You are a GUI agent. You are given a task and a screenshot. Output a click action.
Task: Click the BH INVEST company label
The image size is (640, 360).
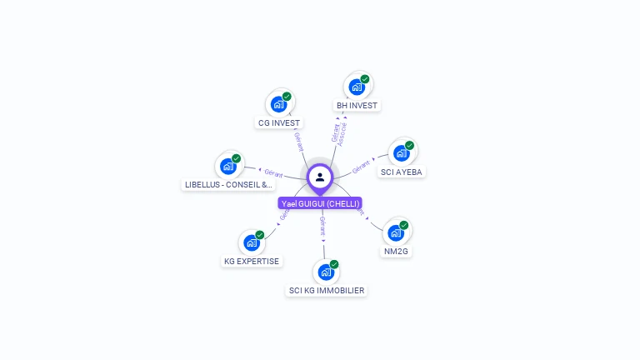pos(357,106)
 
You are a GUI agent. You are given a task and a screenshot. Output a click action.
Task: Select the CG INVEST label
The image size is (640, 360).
pos(278,122)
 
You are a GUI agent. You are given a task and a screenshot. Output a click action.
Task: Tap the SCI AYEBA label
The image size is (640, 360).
pos(401,172)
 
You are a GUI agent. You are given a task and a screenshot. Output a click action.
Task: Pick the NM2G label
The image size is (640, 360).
pos(396,251)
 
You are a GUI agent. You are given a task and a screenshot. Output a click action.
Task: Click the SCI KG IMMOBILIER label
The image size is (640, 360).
pos(326,290)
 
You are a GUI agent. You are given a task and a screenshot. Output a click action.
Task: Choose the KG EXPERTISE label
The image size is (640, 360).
pos(252,261)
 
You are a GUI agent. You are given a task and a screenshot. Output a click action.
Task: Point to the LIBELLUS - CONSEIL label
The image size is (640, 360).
pos(228,185)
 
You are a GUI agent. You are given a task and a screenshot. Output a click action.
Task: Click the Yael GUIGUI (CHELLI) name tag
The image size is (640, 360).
pos(320,203)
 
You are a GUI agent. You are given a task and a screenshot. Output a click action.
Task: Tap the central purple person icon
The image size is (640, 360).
pos(320,177)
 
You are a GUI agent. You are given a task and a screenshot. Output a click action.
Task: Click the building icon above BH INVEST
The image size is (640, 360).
pos(357,87)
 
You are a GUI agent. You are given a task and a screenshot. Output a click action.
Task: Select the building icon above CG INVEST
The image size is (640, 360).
pos(278,104)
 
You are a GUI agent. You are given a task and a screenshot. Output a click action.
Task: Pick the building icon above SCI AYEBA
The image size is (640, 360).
pos(401,153)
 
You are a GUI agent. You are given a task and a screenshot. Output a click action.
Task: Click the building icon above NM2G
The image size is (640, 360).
pos(396,232)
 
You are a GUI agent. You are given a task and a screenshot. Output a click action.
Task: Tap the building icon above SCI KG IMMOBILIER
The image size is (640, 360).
pos(326,272)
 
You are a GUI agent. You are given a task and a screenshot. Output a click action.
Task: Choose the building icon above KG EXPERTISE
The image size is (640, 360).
pos(252,242)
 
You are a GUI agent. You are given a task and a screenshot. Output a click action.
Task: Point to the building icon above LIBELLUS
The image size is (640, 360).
pos(228,166)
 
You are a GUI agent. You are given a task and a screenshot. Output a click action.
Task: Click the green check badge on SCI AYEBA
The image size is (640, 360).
pos(409,145)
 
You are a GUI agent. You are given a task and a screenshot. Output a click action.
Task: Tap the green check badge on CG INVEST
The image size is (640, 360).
pos(287,97)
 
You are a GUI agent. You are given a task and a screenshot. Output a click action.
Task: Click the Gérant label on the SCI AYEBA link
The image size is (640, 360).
pos(361,167)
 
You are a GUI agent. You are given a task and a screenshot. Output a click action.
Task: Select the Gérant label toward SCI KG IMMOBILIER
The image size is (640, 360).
pos(322,226)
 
